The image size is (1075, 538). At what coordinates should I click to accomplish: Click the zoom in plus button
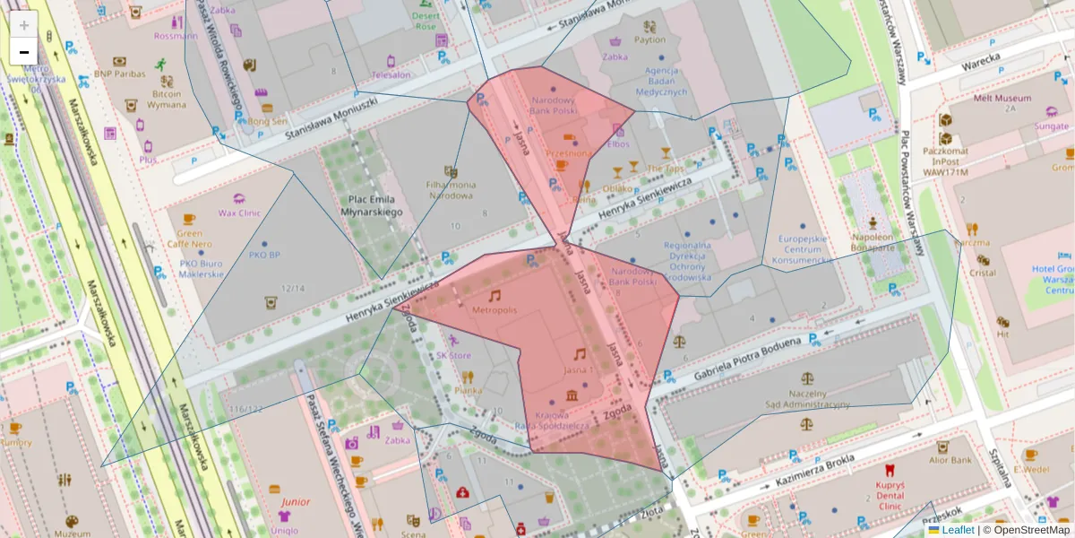click(x=24, y=25)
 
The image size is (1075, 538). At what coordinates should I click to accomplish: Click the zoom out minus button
click(x=24, y=52)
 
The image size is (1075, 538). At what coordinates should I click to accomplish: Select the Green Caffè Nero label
click(x=188, y=238)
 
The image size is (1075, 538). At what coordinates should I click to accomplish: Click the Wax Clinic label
click(x=238, y=213)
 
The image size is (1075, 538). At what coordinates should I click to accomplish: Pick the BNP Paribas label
click(x=119, y=74)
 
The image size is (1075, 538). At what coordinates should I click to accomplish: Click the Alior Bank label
click(x=950, y=460)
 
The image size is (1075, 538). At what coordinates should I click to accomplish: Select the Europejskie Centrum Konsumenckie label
click(x=802, y=249)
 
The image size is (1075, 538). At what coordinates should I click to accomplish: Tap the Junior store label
click(x=295, y=502)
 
